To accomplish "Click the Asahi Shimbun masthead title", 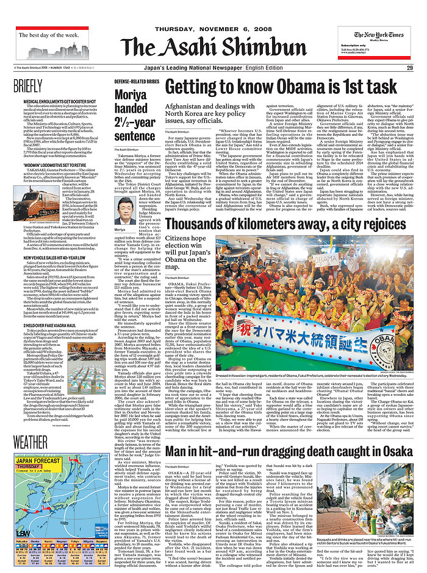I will [x=213, y=47].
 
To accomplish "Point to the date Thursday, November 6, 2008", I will [x=213, y=29].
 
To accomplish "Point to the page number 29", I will [x=410, y=68].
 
